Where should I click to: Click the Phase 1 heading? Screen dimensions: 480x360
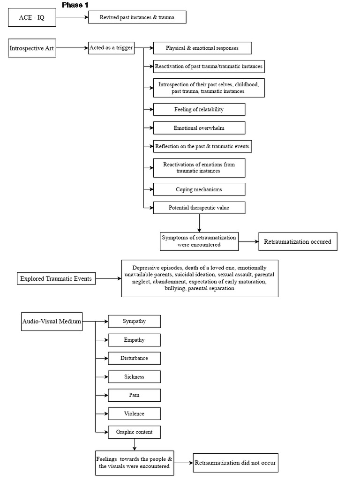point(75,5)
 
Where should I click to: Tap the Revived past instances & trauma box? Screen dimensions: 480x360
point(137,18)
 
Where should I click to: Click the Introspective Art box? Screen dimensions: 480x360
point(32,48)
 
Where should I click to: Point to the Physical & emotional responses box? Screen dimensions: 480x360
point(202,48)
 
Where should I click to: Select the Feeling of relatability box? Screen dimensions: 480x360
point(199,109)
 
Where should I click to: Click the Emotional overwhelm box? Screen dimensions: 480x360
point(199,128)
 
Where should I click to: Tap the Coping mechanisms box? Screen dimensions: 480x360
point(199,189)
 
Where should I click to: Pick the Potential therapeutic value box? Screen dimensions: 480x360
point(199,207)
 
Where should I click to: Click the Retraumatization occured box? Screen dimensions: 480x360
point(298,242)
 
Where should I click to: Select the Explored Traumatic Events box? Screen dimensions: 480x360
point(56,279)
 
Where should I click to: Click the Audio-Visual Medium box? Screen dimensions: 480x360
point(52,322)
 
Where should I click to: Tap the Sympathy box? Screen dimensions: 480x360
point(135,321)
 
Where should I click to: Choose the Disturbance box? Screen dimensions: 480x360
point(135,358)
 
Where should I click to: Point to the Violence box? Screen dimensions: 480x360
point(135,413)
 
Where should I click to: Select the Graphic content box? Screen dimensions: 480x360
point(135,432)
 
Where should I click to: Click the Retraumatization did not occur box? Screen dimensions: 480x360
point(235,463)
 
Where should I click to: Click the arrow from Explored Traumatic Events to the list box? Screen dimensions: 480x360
point(107,279)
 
